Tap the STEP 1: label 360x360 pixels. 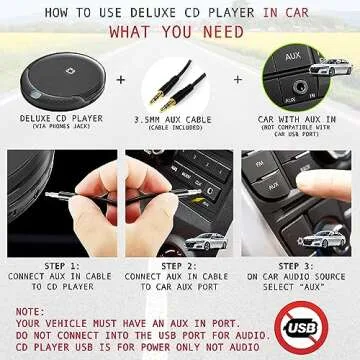(x=57, y=266)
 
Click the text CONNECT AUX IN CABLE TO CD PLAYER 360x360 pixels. (x=57, y=281)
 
